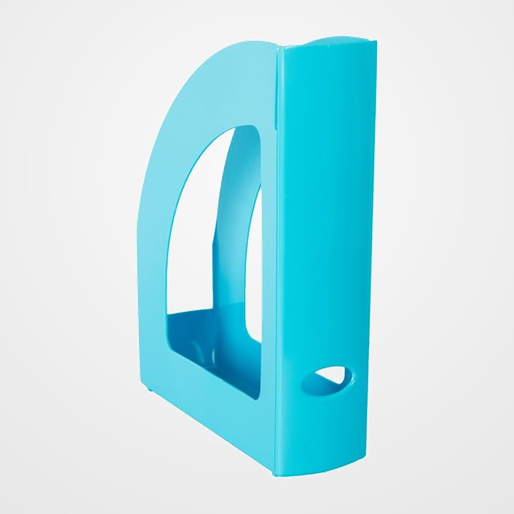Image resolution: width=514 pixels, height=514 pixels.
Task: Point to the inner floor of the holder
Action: click(211, 331)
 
